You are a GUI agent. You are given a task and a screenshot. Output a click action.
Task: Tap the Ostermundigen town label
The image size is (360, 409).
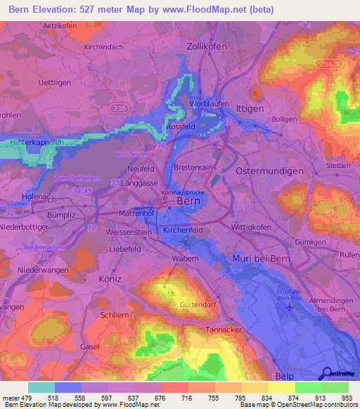point(270,171)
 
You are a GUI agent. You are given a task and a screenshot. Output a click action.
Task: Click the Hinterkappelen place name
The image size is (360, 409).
point(38,142)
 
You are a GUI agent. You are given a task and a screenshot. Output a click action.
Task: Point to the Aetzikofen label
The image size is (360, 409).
point(60,25)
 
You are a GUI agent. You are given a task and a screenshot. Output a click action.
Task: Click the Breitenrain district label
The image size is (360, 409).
point(192,167)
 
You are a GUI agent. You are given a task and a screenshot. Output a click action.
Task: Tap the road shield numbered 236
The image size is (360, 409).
point(119,107)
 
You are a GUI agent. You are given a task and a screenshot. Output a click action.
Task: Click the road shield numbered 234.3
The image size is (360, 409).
point(328,64)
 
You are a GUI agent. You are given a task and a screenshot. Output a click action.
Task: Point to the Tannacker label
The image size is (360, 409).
point(223,330)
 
